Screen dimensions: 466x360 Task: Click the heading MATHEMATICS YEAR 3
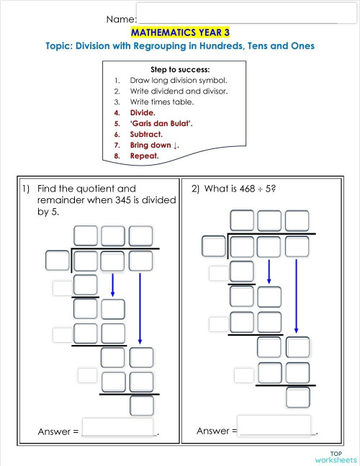pyautogui.click(x=180, y=32)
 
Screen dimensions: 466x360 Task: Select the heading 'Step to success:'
pyautogui.click(x=180, y=69)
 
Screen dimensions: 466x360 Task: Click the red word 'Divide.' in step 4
pyautogui.click(x=143, y=113)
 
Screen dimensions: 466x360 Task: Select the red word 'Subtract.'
pyautogui.click(x=146, y=134)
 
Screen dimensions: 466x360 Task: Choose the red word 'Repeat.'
pyautogui.click(x=144, y=156)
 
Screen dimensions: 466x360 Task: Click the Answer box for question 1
pyautogui.click(x=120, y=427)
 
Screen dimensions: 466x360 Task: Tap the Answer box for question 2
pyautogui.click(x=274, y=425)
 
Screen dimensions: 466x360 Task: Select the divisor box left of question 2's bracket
pyautogui.click(x=213, y=246)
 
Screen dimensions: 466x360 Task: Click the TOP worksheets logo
pyautogui.click(x=335, y=455)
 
